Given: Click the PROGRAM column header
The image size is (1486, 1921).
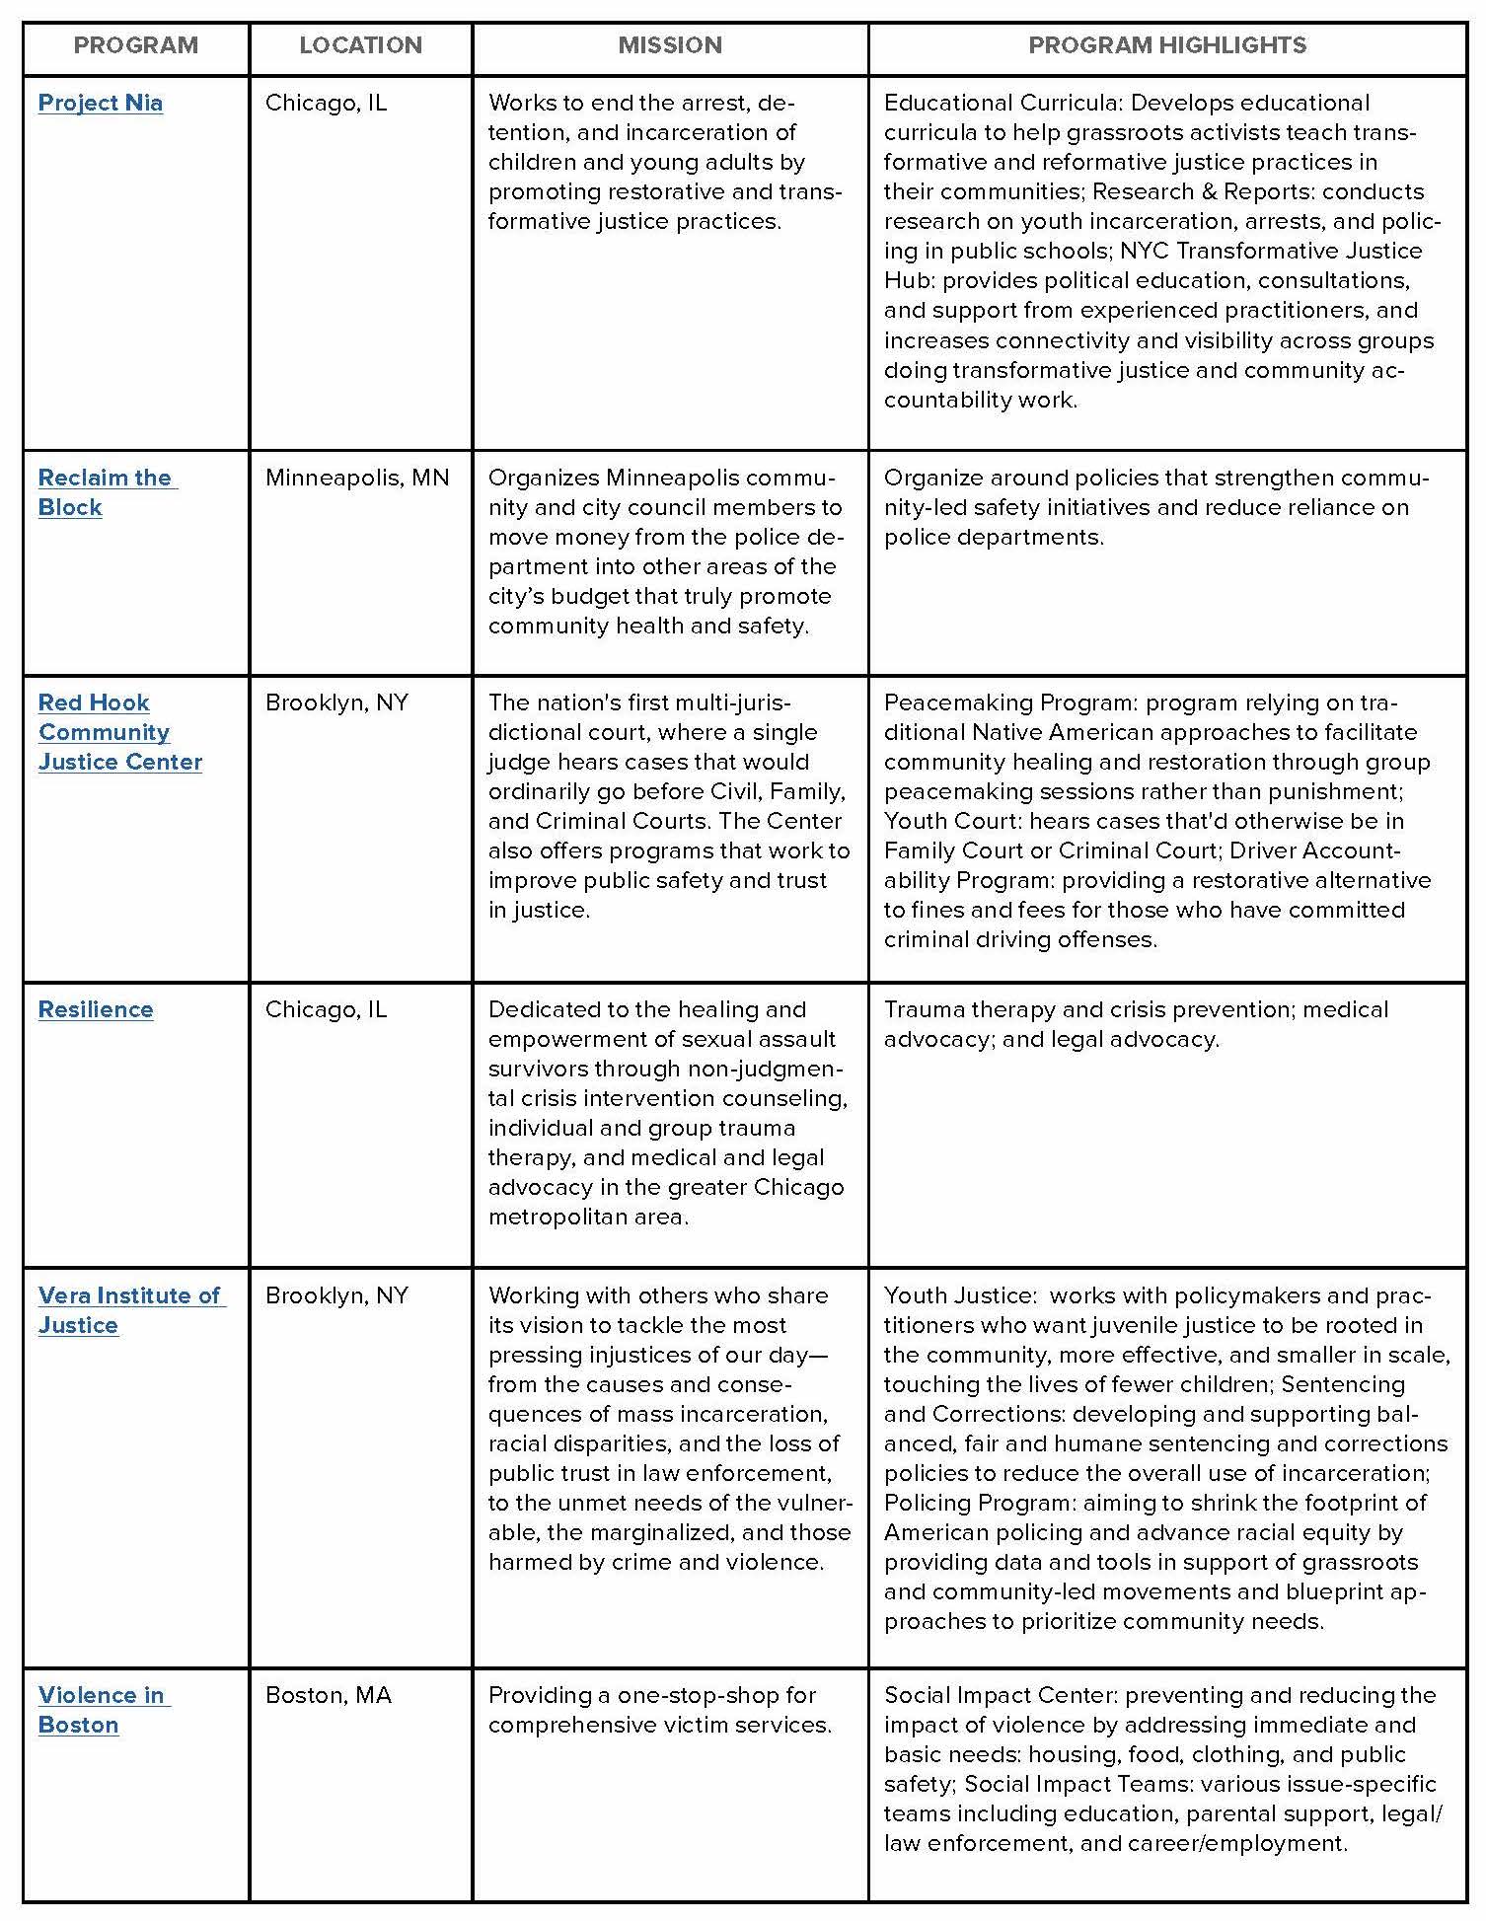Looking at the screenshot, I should [x=136, y=45].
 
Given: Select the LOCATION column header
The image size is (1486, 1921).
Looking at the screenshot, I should [x=360, y=45].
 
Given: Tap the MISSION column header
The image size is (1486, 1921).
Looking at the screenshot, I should [x=670, y=45].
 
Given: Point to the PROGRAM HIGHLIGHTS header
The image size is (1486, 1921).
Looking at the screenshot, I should [x=1167, y=45].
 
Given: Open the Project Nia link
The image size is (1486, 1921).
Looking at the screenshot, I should [x=101, y=103].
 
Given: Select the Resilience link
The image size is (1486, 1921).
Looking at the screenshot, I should [x=96, y=1009].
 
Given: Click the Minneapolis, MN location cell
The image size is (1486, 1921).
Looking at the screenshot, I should [x=356, y=479].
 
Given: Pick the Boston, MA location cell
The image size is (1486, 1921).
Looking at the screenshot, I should [x=328, y=1695].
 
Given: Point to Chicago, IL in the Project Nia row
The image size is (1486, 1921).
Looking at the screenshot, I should [x=326, y=103].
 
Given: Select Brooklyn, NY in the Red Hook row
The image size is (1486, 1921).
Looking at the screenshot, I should [x=336, y=702].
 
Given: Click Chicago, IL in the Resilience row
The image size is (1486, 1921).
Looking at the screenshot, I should [x=326, y=1009].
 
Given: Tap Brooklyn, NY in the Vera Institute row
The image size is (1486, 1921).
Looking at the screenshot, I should [x=336, y=1295].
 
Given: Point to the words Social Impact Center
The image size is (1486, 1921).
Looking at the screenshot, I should [x=1001, y=1695].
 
